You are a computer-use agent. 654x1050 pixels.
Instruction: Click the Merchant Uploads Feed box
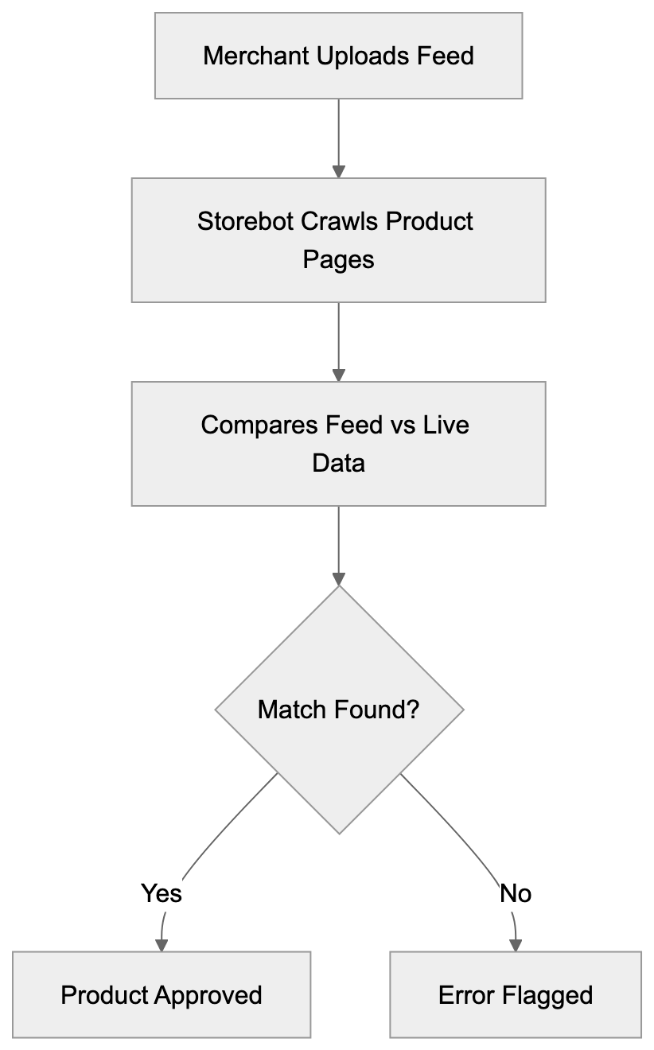pyautogui.click(x=338, y=56)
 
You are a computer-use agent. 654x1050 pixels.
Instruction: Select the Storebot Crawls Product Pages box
pyautogui.click(x=338, y=239)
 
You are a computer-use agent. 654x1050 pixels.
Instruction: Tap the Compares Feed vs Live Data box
pyautogui.click(x=338, y=443)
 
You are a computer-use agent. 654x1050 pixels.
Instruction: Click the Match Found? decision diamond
pyautogui.click(x=339, y=710)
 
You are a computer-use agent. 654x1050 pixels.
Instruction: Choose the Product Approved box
pyautogui.click(x=162, y=994)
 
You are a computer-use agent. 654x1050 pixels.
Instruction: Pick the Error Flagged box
pyautogui.click(x=516, y=994)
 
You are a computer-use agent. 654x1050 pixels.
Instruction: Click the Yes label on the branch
pyautogui.click(x=162, y=893)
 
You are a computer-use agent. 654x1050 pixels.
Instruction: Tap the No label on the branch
pyautogui.click(x=516, y=893)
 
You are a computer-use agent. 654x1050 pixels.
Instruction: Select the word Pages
pyautogui.click(x=338, y=259)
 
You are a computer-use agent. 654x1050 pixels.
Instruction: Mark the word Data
pyautogui.click(x=338, y=463)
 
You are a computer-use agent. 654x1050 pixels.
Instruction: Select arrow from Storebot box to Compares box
pyautogui.click(x=339, y=340)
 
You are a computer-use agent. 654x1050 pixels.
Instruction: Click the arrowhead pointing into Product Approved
pyautogui.click(x=162, y=944)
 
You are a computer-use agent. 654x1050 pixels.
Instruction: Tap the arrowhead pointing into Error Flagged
pyautogui.click(x=516, y=944)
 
